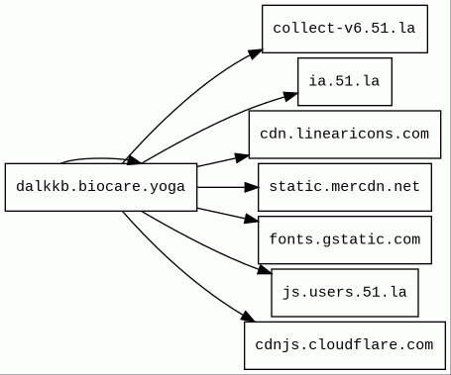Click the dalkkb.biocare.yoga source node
pos(101,186)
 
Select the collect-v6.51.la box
pos(344,29)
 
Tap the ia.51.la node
pos(344,81)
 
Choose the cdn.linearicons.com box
pos(344,134)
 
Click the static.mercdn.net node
pos(344,186)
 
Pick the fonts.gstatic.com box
pos(344,239)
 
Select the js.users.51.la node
pos(344,292)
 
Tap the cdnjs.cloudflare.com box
pos(344,344)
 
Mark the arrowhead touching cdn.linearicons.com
pos(240,156)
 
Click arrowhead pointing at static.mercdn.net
pos(250,186)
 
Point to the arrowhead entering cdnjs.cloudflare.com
pos(248,318)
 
